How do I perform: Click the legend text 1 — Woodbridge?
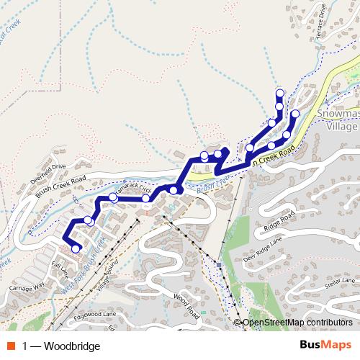61,346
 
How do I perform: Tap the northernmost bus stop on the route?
279,93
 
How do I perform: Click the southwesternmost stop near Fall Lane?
76,249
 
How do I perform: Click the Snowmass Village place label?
337,120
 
